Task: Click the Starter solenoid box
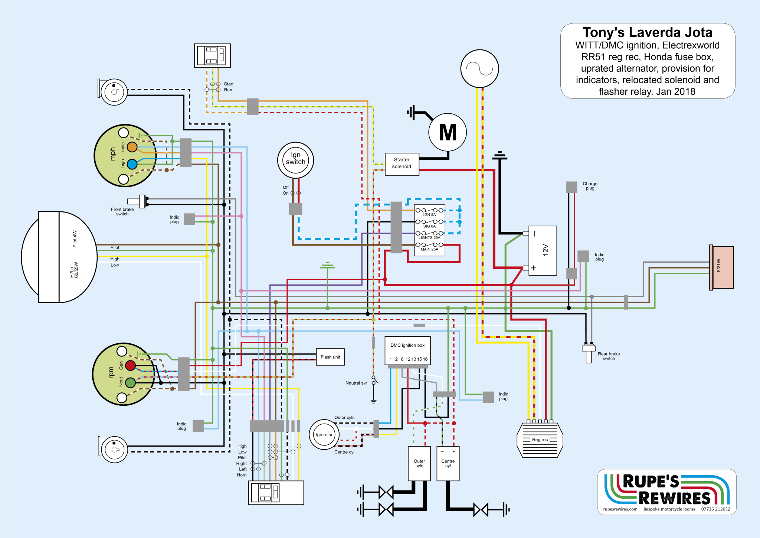pyautogui.click(x=402, y=164)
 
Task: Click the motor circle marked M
pyautogui.click(x=448, y=132)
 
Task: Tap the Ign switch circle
pyautogui.click(x=295, y=160)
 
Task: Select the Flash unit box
pyautogui.click(x=330, y=357)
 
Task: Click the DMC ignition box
pyautogui.click(x=407, y=350)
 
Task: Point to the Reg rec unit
pyautogui.click(x=540, y=440)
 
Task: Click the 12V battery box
pyautogui.click(x=543, y=250)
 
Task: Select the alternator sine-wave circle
pyautogui.click(x=479, y=69)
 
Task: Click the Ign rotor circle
pyautogui.click(x=324, y=435)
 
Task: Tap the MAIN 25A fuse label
pyautogui.click(x=429, y=249)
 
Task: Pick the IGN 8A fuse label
pyautogui.click(x=429, y=215)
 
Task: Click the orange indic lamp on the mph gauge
pyautogui.click(x=132, y=147)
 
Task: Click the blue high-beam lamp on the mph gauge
pyautogui.click(x=132, y=164)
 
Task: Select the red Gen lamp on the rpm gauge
pyautogui.click(x=130, y=366)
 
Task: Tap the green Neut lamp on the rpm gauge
pyautogui.click(x=130, y=383)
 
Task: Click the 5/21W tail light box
pyautogui.click(x=722, y=268)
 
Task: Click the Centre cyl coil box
pyautogui.click(x=448, y=463)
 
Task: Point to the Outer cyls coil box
pyautogui.click(x=419, y=463)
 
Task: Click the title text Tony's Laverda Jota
pyautogui.click(x=647, y=33)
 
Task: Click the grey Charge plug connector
pyautogui.click(x=571, y=187)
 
